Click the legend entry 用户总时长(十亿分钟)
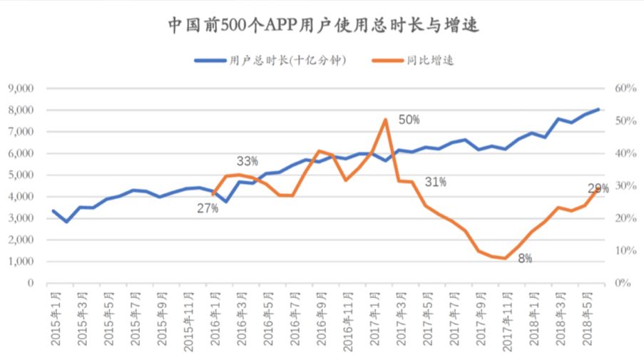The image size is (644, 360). click(x=272, y=61)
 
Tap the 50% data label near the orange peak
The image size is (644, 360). click(x=409, y=120)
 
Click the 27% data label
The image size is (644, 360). click(x=208, y=208)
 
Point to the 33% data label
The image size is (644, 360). click(x=247, y=160)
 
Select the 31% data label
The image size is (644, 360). click(x=435, y=182)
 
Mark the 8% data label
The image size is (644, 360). click(x=524, y=259)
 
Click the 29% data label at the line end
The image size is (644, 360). click(x=598, y=188)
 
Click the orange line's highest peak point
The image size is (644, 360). click(x=386, y=120)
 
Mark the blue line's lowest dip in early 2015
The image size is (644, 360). click(x=67, y=222)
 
